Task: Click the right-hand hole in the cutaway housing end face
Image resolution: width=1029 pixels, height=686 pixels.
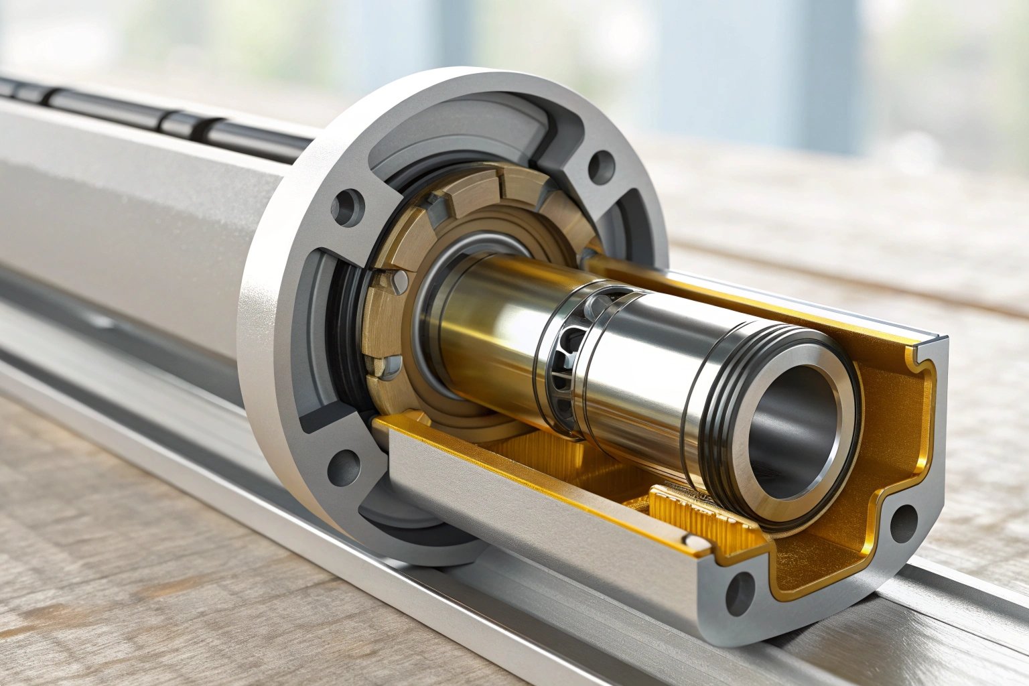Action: pos(902,521)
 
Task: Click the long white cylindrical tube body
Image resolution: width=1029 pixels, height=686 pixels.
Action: pos(134,221)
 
